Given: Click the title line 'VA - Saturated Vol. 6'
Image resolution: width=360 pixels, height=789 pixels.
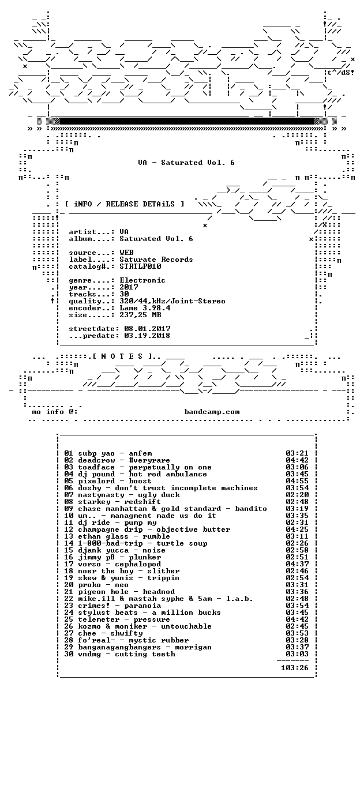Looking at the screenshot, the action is pos(186,163).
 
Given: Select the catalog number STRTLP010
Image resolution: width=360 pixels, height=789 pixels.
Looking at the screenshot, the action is pos(140,266).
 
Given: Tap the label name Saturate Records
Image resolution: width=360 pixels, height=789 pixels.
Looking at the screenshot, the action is pos(156,260).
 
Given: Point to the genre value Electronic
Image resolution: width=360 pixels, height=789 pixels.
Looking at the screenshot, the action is pos(142,280).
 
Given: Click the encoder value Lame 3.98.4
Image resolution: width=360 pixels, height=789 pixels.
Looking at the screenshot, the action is pos(145,308).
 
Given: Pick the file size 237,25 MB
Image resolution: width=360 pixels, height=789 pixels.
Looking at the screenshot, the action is pos(140,315).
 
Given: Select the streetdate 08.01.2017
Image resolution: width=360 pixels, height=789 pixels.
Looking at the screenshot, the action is pos(147,329).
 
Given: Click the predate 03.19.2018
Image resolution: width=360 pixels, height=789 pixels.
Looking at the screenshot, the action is pos(147,336).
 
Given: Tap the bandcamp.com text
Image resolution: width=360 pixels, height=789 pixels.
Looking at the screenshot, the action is pos(212,412).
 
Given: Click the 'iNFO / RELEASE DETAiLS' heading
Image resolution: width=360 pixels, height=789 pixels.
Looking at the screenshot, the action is pos(125,204).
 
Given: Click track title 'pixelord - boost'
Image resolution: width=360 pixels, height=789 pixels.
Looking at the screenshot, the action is pos(115,481).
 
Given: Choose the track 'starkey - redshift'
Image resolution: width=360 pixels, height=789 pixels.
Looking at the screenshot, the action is pos(119,502).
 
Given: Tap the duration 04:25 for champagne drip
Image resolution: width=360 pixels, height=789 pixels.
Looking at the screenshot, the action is pos(297,529).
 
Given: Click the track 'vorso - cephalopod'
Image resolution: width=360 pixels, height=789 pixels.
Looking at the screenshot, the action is pos(119,564).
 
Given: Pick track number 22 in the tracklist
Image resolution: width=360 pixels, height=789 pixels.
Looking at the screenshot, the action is pos(69,599).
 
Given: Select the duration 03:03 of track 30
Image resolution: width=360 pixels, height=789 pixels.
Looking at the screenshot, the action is pos(297,654).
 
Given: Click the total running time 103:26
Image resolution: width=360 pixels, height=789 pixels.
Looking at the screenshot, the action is pos(294,668).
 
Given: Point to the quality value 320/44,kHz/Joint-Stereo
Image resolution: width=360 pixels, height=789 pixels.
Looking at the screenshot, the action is pos(172,301).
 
